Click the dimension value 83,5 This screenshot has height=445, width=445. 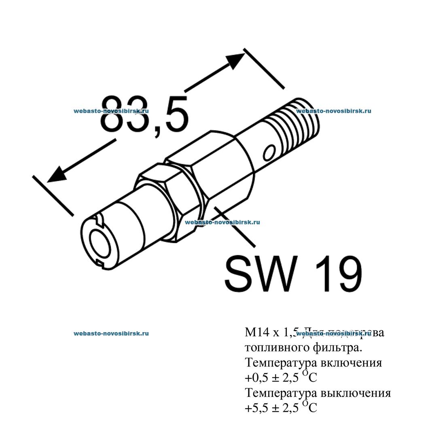(144, 115)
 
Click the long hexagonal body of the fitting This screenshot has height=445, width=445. (218, 170)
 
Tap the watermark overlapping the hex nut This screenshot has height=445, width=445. (222, 222)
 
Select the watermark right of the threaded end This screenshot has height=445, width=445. (333, 111)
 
